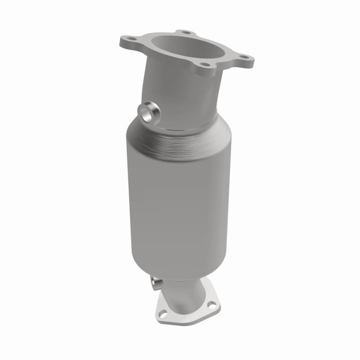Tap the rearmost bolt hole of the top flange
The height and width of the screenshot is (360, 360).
pos(184,32)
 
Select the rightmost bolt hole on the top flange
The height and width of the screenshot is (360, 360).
pos(244,57)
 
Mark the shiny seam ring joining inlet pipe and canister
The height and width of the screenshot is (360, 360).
pos(189,126)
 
